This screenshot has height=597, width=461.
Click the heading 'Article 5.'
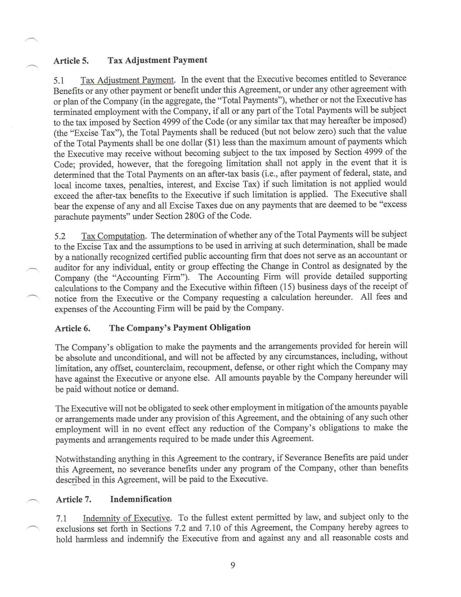[x=71, y=61]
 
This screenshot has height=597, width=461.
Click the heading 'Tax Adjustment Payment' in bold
[x=157, y=60]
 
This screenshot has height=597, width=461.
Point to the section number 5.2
[x=60, y=237]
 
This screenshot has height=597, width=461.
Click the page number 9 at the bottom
[x=232, y=566]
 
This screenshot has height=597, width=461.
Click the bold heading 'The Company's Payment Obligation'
[x=180, y=328]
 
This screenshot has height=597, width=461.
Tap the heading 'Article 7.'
[x=73, y=499]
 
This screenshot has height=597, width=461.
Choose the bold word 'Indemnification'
[x=141, y=499]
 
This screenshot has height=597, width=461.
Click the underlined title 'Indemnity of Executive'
[x=127, y=518]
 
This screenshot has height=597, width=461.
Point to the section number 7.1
[x=62, y=519]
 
